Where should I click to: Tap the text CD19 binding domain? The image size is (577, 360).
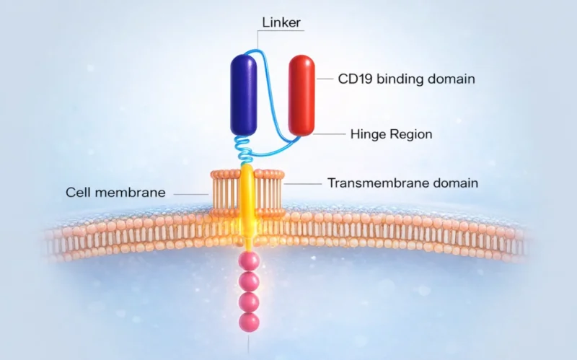coord(406,79)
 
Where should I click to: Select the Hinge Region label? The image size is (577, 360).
coord(390,133)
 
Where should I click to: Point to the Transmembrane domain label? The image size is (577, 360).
coord(402,183)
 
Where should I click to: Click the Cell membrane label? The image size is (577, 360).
coord(116,193)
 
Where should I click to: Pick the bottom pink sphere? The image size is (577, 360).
coord(250,322)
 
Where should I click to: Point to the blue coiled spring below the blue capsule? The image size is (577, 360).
coord(245,149)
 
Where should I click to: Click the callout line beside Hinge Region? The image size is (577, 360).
coord(329,134)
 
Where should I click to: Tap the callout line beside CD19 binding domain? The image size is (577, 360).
coord(325,78)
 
